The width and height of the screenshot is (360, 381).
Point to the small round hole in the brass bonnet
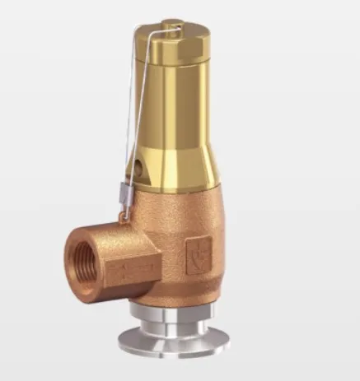coord(136,168)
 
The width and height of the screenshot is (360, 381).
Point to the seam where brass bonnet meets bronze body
coord(177,197)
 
